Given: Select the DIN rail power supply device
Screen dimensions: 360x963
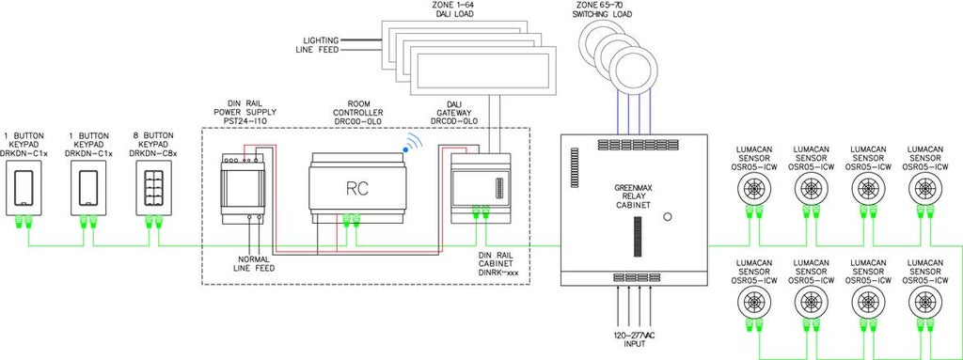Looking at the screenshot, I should [x=243, y=187].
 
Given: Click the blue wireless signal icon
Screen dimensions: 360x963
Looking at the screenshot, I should [x=411, y=145].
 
